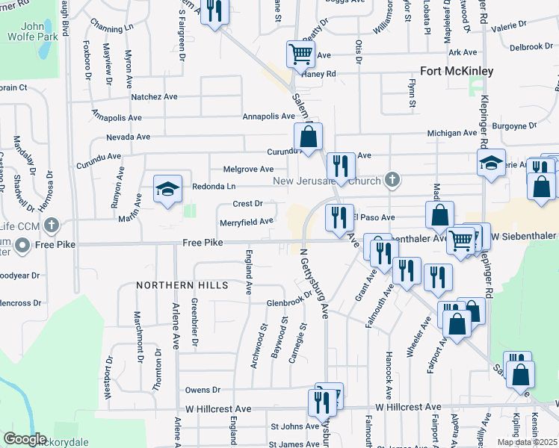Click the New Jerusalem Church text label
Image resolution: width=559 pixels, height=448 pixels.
click(x=327, y=181)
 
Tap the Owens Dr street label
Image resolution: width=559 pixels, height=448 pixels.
click(x=203, y=390)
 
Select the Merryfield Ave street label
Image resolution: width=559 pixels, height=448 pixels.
click(x=246, y=222)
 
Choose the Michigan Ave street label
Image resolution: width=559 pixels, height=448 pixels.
click(x=451, y=133)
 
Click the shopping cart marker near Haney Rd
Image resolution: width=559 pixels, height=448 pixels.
click(x=300, y=54)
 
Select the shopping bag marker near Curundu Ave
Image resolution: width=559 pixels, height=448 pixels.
click(x=308, y=137)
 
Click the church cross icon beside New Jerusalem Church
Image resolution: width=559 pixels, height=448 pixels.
click(x=391, y=179)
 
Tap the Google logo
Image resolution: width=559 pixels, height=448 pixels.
click(x=25, y=439)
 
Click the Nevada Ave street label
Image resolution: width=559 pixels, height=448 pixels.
click(x=128, y=137)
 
